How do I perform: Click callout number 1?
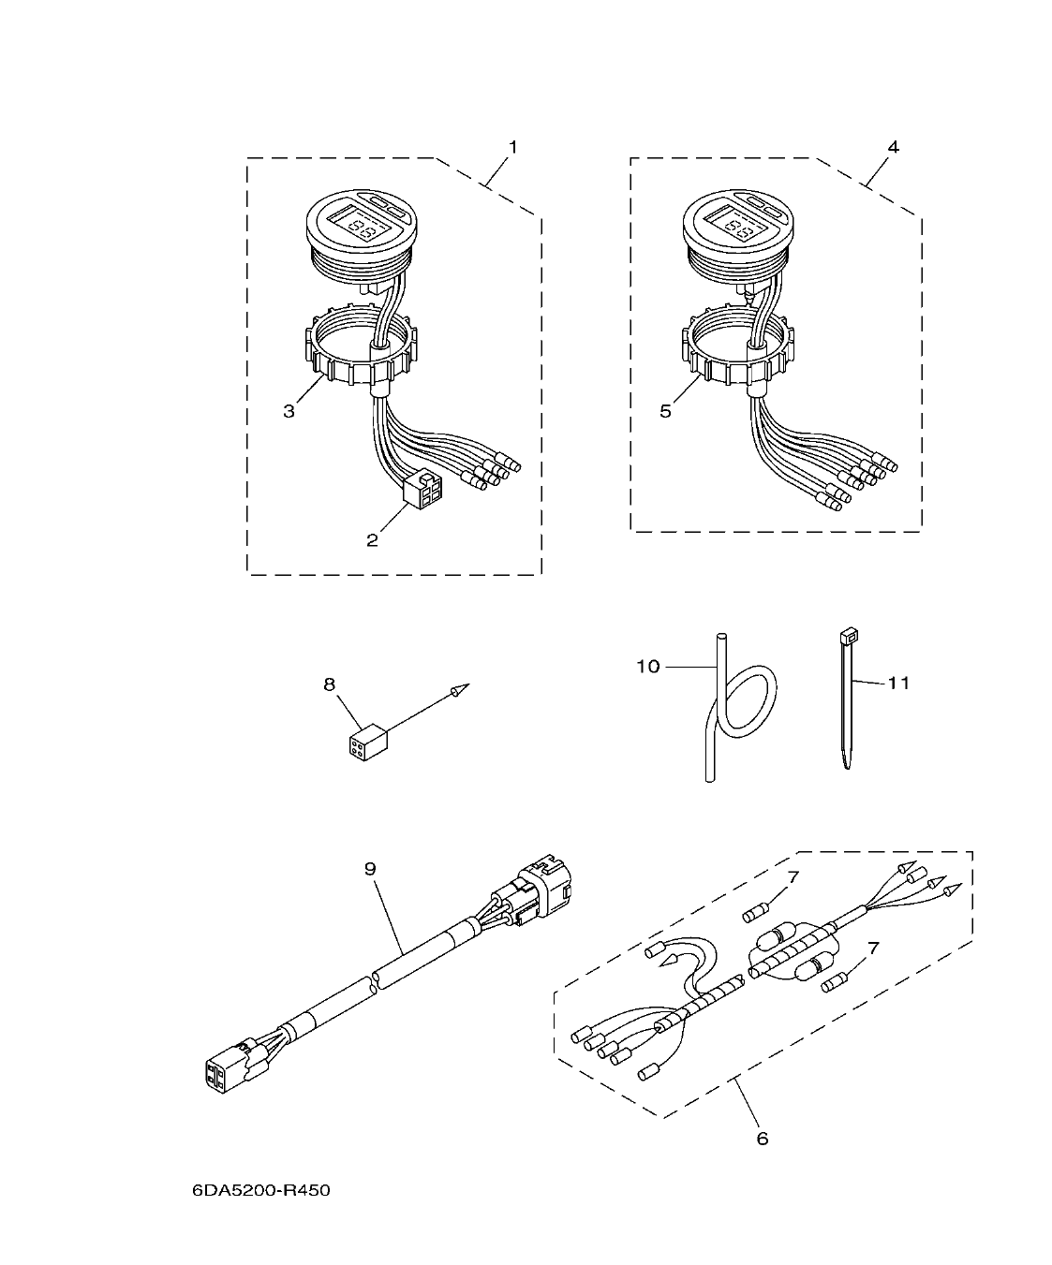(x=512, y=147)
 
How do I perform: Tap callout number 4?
(x=893, y=147)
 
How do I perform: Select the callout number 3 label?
(x=289, y=411)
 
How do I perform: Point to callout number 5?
(x=666, y=411)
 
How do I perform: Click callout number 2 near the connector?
(x=372, y=540)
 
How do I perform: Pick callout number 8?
(x=329, y=684)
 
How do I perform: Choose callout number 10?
(x=648, y=666)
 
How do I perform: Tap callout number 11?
(x=898, y=683)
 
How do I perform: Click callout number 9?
(x=370, y=869)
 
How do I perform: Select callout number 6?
(x=762, y=1139)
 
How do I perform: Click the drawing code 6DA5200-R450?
(x=261, y=1191)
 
